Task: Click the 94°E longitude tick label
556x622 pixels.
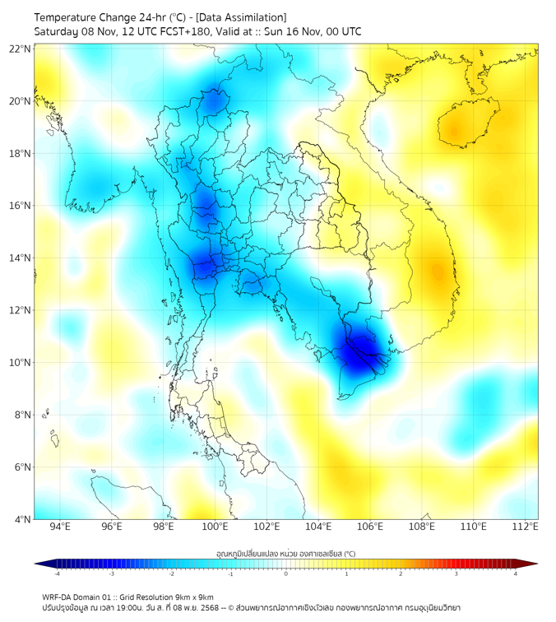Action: tap(60, 527)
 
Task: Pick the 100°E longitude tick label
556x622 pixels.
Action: tap(215, 527)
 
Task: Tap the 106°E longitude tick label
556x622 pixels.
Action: tap(370, 527)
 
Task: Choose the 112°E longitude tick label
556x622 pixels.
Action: tap(526, 527)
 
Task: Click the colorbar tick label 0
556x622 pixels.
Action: tap(286, 573)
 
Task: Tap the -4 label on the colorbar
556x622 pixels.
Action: tap(56, 573)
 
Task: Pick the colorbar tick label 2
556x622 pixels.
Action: tap(401, 573)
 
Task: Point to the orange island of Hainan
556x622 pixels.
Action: tap(460, 128)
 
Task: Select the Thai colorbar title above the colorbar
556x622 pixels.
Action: tap(285, 553)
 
